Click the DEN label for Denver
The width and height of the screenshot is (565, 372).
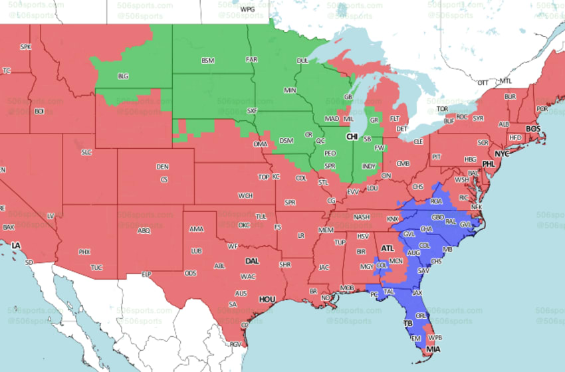[163, 166]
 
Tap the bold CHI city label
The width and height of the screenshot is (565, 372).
[352, 136]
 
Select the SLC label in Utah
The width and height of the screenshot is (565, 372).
[86, 152]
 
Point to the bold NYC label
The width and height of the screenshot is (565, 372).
[502, 153]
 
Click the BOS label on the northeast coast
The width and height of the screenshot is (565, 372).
[533, 128]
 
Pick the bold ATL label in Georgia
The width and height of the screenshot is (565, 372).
[388, 248]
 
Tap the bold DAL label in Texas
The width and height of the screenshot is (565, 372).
[252, 261]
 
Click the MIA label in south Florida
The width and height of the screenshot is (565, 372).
[433, 349]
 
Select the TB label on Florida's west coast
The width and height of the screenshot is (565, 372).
[408, 324]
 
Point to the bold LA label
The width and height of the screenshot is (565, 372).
[16, 246]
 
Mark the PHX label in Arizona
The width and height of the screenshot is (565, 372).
[84, 252]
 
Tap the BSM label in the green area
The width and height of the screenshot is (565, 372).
[209, 61]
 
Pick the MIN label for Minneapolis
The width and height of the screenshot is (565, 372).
[290, 90]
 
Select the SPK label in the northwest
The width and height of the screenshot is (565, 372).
[26, 46]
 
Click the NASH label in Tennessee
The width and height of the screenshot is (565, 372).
[362, 217]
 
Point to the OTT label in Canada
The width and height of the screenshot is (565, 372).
[483, 82]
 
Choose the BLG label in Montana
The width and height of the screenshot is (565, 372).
[123, 76]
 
